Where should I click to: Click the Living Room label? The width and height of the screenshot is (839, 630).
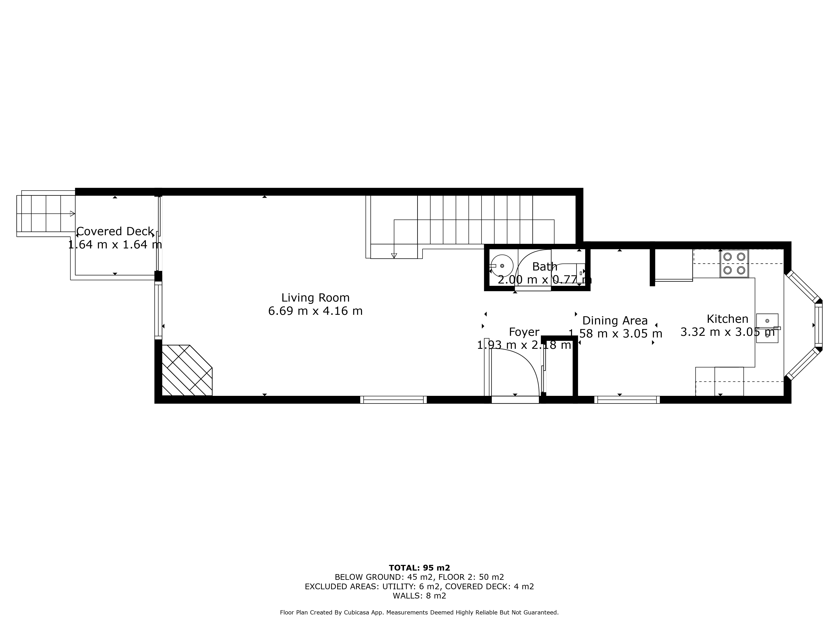click(x=315, y=298)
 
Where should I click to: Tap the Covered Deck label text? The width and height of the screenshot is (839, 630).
click(x=115, y=231)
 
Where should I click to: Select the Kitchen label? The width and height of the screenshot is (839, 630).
click(x=727, y=319)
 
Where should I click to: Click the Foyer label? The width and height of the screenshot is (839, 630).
click(x=524, y=332)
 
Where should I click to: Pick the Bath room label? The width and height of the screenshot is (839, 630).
click(x=545, y=266)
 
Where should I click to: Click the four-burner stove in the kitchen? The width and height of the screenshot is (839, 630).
click(x=734, y=264)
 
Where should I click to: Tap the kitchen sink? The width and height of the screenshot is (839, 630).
click(x=767, y=328)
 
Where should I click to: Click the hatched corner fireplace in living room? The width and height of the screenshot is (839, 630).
click(x=187, y=370)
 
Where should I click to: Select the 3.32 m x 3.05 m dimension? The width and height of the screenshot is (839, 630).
click(x=727, y=332)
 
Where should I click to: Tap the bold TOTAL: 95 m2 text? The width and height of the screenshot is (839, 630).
click(x=419, y=568)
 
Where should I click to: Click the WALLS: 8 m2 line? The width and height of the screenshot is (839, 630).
click(x=419, y=596)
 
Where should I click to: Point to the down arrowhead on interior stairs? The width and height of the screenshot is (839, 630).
click(x=394, y=256)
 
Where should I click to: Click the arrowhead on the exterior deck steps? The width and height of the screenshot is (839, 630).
click(x=72, y=213)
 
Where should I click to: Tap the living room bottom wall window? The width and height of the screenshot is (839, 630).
click(x=393, y=399)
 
